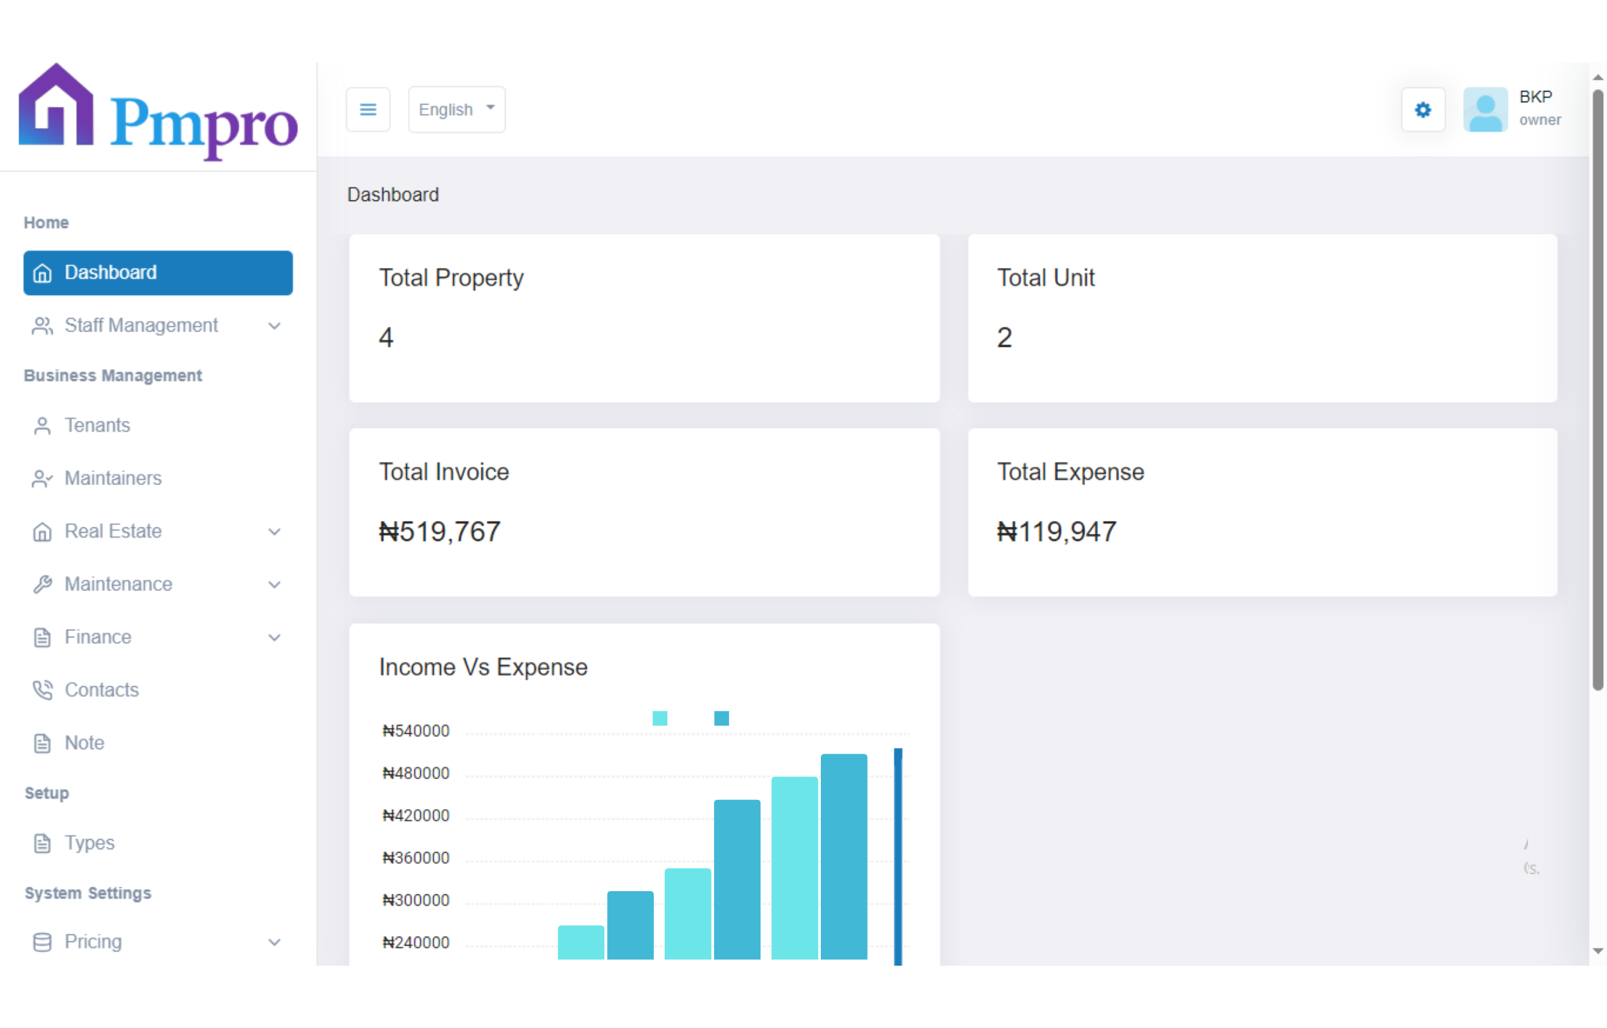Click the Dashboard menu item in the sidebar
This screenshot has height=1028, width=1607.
click(157, 272)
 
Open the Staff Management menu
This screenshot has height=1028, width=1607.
click(141, 325)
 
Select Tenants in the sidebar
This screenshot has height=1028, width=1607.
click(97, 425)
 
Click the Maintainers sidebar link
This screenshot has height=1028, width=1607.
click(113, 478)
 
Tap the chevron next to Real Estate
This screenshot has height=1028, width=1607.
click(274, 531)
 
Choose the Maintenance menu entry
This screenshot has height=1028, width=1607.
click(118, 584)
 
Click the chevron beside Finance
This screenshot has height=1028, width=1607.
click(274, 637)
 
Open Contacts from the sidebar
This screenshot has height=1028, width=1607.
click(102, 689)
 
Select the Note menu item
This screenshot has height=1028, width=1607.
click(84, 742)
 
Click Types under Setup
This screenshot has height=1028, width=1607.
click(89, 842)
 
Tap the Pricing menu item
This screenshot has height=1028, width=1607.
click(93, 941)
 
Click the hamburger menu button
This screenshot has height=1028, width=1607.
click(368, 109)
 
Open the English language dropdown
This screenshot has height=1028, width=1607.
click(456, 109)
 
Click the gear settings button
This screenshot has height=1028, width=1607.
click(1423, 109)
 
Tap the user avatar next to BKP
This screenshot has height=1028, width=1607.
click(1485, 109)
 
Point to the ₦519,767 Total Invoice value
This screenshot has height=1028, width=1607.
click(439, 531)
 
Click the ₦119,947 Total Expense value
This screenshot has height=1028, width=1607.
click(1056, 531)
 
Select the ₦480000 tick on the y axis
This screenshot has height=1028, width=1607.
click(415, 773)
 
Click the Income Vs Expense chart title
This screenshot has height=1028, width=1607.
click(483, 667)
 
